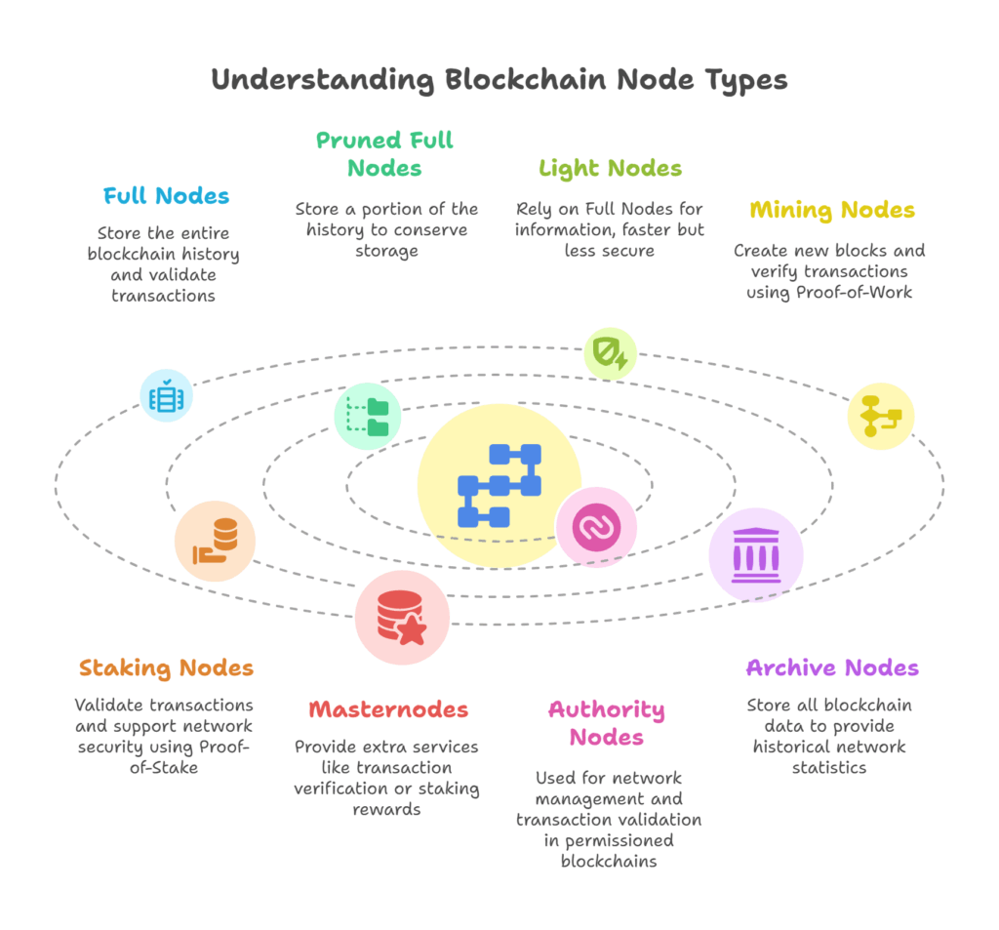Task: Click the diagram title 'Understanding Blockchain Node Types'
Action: coord(499,79)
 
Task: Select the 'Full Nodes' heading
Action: coord(167,195)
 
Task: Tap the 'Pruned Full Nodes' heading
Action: coord(385,154)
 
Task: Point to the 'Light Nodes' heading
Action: coord(611,168)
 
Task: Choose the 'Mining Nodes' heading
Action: coord(832,210)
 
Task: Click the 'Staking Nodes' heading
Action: coord(167,668)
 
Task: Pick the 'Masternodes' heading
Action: coord(388,709)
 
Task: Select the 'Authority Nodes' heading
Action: coord(607,723)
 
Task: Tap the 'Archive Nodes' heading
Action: coord(832,668)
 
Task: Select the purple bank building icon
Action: coord(756,555)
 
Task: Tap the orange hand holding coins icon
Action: coord(216,541)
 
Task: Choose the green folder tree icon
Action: coord(368,417)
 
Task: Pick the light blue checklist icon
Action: coord(167,395)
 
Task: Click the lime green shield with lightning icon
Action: coord(611,354)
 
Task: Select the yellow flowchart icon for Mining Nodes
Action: coord(881,416)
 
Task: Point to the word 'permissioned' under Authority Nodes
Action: coord(609,840)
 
